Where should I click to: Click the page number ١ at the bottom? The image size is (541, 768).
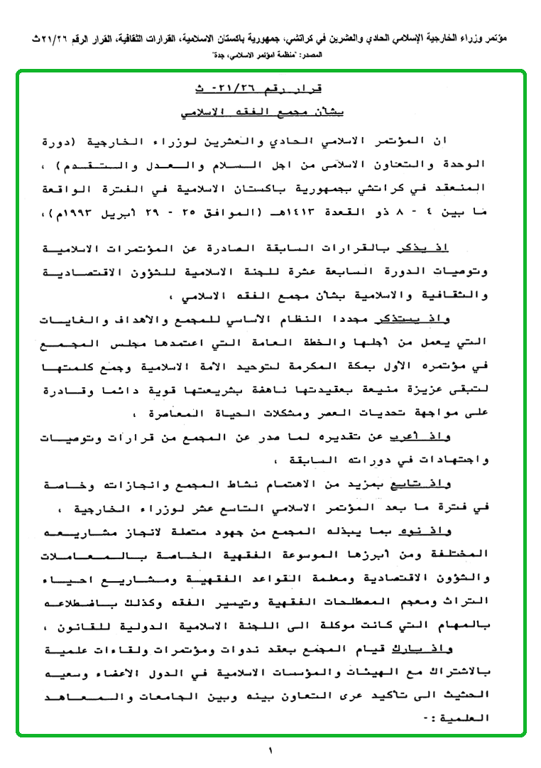pos(270,750)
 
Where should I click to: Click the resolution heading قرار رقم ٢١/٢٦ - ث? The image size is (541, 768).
pos(272,90)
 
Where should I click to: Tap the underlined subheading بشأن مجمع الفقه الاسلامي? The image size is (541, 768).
pos(272,113)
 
